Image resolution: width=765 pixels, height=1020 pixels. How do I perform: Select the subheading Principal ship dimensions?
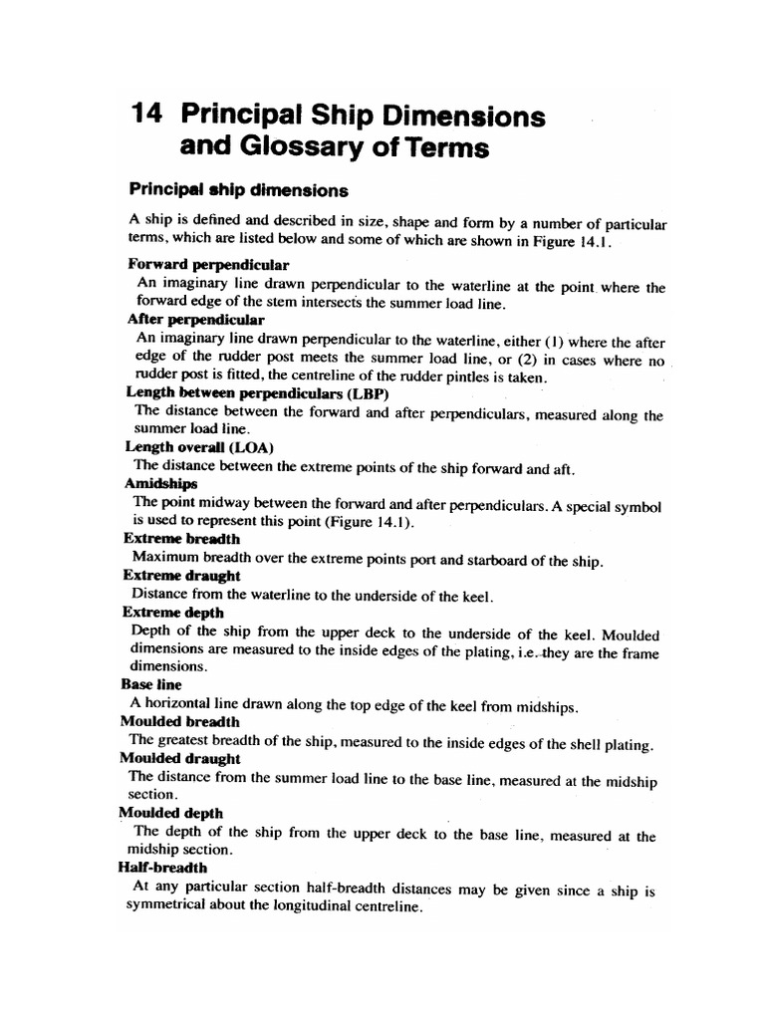[238, 188]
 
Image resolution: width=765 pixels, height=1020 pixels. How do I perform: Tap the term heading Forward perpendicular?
[208, 265]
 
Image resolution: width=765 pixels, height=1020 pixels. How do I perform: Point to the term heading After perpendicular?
[195, 320]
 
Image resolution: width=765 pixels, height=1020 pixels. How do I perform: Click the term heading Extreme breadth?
[181, 539]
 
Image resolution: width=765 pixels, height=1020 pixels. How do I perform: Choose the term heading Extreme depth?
[173, 613]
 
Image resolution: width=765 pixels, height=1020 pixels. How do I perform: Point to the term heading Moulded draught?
[180, 758]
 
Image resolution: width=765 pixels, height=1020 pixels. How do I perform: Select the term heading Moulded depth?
[170, 813]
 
